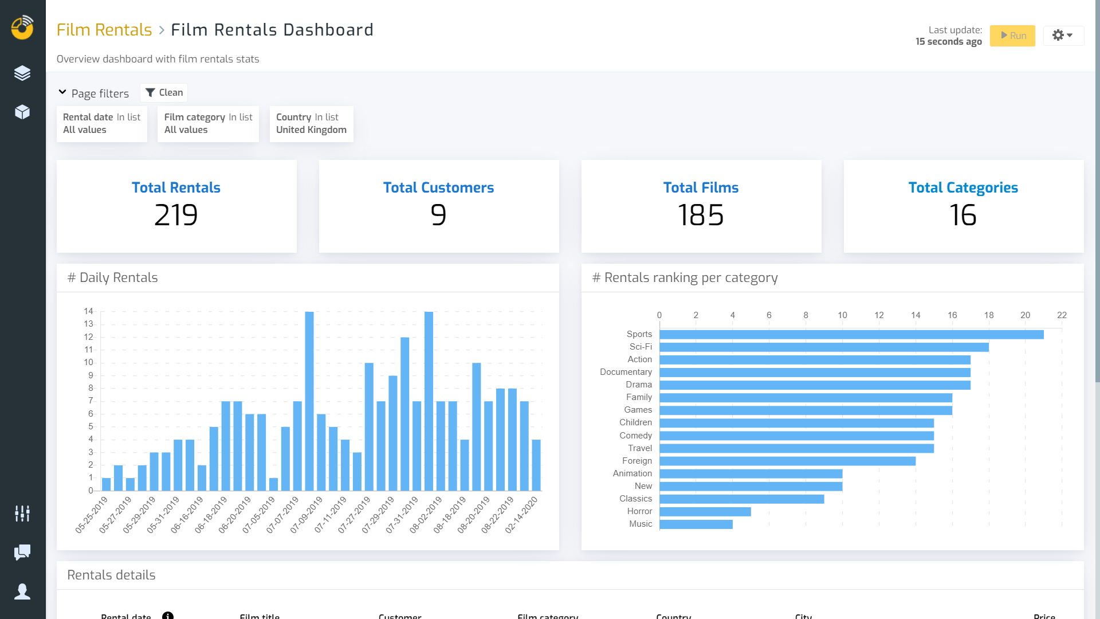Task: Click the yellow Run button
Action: [1012, 36]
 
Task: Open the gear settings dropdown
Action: [1063, 36]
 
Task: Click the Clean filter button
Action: [164, 93]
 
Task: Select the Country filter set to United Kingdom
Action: [311, 124]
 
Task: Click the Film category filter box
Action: [208, 124]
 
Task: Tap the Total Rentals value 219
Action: [176, 216]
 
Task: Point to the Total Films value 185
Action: [701, 216]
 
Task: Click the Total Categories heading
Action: [963, 187]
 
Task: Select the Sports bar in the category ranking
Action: [851, 334]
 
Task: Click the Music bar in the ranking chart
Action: [696, 524]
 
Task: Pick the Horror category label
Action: [639, 511]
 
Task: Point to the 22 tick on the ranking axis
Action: [1062, 315]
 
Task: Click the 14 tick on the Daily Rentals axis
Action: [88, 311]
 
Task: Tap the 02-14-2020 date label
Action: [521, 515]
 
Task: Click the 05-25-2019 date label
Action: [92, 515]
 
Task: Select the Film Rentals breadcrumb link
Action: [104, 30]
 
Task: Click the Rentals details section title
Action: [111, 575]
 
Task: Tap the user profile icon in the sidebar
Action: [22, 591]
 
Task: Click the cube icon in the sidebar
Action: [22, 112]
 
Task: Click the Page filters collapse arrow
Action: [62, 92]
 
